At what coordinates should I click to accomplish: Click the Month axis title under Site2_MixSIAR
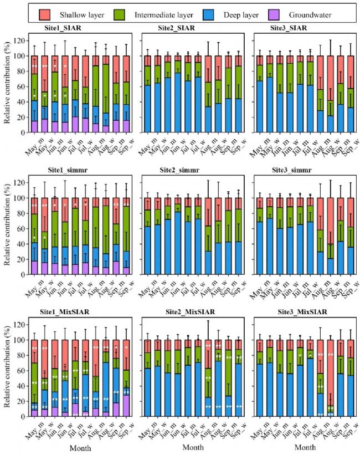click(192, 446)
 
